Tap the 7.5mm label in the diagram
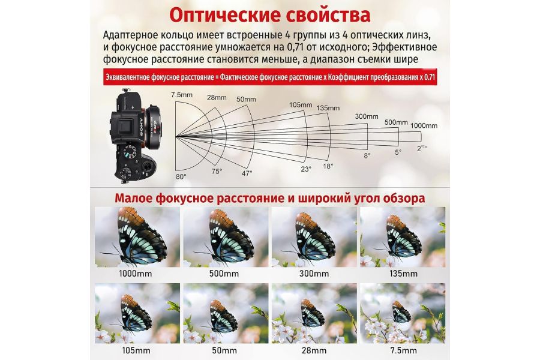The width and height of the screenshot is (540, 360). [x=181, y=95]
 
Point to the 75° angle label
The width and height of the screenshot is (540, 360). [x=217, y=171]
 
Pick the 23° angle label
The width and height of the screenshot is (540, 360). [x=306, y=169]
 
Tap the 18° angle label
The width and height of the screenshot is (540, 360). [x=328, y=166]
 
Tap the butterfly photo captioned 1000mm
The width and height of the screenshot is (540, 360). [x=137, y=237]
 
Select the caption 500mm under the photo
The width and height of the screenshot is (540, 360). [x=224, y=274]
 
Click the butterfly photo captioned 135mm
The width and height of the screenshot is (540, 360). [x=402, y=237]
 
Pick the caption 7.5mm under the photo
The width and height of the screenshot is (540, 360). [x=402, y=350]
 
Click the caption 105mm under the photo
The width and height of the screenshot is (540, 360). [x=136, y=350]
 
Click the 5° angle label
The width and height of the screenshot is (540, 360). [x=398, y=152]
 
